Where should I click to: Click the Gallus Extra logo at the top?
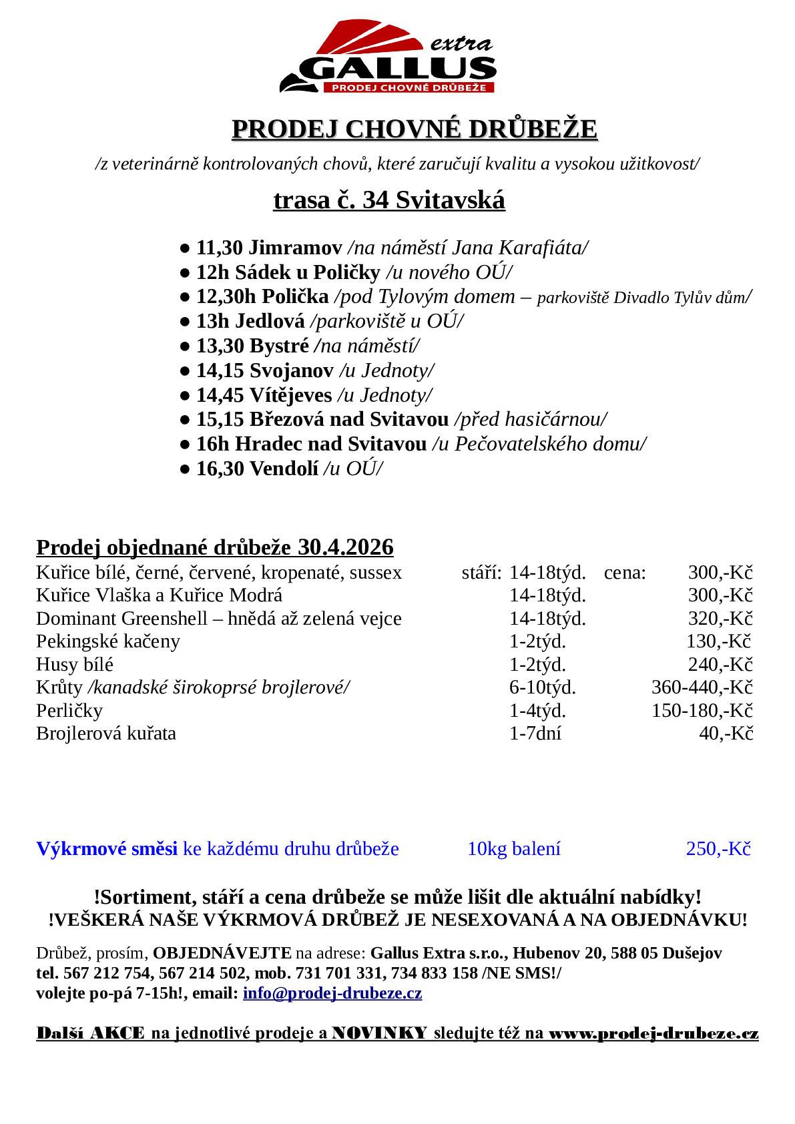click(x=388, y=59)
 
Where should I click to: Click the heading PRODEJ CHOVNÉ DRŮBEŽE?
click(x=414, y=129)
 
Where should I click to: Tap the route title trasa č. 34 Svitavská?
click(x=388, y=200)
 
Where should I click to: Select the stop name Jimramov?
click(x=295, y=248)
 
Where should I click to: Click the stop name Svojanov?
click(x=291, y=370)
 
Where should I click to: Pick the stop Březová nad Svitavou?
click(x=348, y=420)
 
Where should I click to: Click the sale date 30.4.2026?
click(x=346, y=547)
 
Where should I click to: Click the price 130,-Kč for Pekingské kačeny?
click(x=719, y=641)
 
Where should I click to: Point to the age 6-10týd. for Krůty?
click(x=542, y=687)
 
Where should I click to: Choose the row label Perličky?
click(x=69, y=710)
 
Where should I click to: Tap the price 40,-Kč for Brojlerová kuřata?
click(x=726, y=734)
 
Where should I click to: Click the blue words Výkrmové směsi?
click(x=107, y=849)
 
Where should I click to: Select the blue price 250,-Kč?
click(x=718, y=849)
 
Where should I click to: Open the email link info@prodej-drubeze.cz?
click(x=332, y=993)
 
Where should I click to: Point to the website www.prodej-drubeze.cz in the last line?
click(x=653, y=1034)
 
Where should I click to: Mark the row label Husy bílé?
click(x=75, y=665)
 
